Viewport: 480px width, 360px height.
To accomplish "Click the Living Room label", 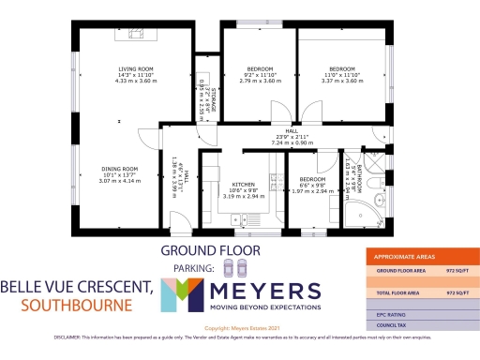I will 134,75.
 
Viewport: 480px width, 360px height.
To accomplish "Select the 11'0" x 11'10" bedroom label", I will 341,75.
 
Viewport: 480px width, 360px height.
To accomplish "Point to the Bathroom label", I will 350,174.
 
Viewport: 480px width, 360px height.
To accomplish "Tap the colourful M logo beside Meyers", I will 186,296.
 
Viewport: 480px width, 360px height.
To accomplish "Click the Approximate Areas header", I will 404,256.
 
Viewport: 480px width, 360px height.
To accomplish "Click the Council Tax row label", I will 395,325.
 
